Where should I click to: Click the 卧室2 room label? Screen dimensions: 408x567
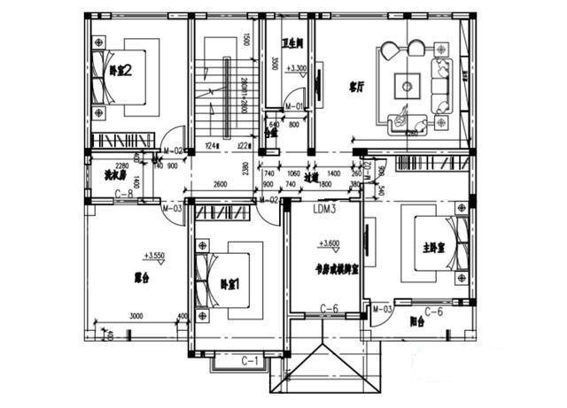(120, 72)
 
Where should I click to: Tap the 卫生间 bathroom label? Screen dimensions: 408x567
(293, 42)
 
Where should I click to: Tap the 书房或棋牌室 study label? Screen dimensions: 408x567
(337, 268)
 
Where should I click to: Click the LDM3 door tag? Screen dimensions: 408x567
(325, 210)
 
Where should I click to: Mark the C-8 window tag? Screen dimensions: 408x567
(122, 193)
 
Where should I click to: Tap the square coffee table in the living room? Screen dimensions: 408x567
(407, 86)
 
